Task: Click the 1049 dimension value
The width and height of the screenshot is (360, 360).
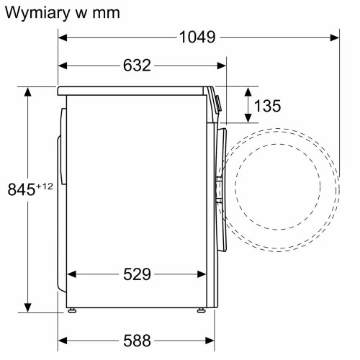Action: point(197,38)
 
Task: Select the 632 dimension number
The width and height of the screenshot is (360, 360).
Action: point(136,66)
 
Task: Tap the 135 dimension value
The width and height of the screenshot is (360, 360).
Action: point(267,107)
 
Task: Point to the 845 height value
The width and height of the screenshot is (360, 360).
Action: point(22,190)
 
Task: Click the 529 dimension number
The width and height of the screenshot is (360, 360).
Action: point(136,274)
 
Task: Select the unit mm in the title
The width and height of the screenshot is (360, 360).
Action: point(105,14)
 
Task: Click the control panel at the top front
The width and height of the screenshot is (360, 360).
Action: point(217,100)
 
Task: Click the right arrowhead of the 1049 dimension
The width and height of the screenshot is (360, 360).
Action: point(335,38)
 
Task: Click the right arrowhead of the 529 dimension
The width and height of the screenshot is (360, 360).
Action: point(202,274)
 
